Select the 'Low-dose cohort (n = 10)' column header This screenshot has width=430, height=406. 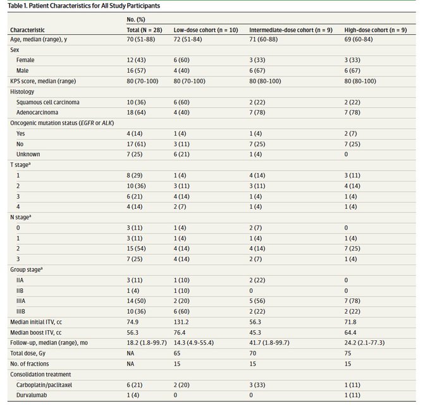[x=206, y=30]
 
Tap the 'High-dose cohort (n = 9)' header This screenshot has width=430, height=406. [x=376, y=30]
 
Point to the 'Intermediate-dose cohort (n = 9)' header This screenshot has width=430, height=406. [x=291, y=30]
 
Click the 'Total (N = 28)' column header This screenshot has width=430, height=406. [x=144, y=30]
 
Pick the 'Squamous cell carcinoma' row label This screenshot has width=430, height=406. [x=47, y=102]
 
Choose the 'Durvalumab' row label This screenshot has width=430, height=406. [x=32, y=395]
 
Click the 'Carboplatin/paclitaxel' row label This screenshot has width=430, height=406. [x=44, y=385]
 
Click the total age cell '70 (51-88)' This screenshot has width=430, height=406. [x=140, y=39]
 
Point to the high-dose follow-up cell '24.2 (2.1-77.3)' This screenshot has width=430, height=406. [x=364, y=343]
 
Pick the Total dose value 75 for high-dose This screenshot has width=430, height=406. [x=348, y=353]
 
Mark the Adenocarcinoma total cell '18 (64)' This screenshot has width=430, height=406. [x=136, y=113]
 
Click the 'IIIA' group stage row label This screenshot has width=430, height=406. [x=21, y=301]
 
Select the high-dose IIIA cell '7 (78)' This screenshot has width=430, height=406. [x=352, y=301]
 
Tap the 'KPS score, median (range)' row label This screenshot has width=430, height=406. [x=43, y=81]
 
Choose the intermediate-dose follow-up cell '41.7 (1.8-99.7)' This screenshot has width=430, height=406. [x=269, y=343]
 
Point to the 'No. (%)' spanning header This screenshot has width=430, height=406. [x=136, y=20]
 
